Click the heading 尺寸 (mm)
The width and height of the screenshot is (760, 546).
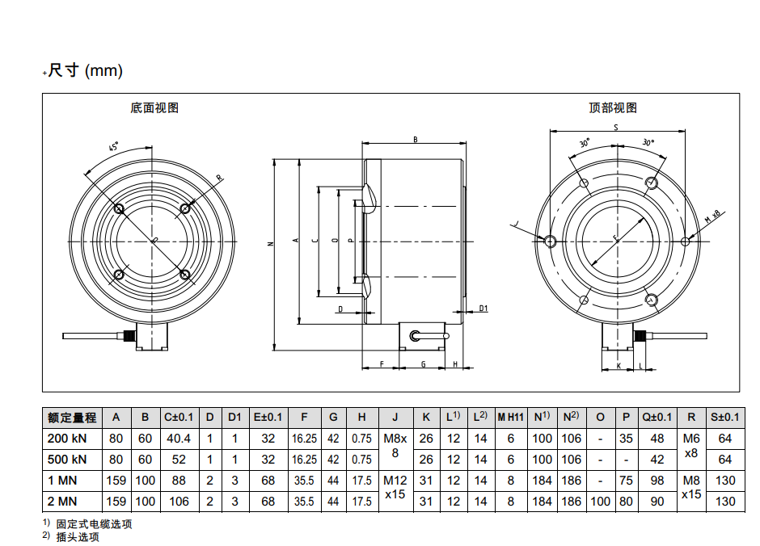coord(85,71)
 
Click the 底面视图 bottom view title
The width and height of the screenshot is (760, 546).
coord(154,107)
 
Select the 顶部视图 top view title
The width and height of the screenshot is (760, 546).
coord(613,107)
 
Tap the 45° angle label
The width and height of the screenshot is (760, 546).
coord(114,148)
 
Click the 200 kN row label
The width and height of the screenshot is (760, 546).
coord(69,439)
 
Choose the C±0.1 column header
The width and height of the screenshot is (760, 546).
coord(179,417)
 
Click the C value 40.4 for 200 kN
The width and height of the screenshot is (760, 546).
coord(178,439)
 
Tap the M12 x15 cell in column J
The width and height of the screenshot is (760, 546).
coord(395,490)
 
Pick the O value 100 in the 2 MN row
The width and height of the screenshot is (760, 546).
coord(600,501)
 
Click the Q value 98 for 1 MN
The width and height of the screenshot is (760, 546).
coord(657,481)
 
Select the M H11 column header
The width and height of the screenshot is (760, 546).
coord(510,417)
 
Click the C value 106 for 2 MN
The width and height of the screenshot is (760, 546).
coord(179,501)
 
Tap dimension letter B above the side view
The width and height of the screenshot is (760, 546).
coord(415,140)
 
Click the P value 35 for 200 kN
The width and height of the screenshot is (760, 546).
coord(627,439)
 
